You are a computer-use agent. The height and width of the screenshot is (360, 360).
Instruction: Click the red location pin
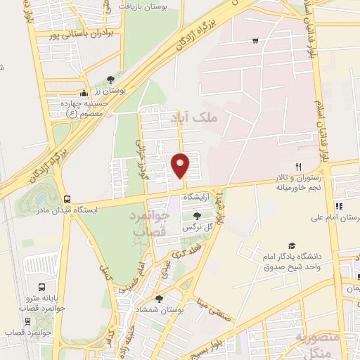pyautogui.click(x=181, y=165)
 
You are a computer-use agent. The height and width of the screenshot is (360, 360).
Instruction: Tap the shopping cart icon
pyautogui.click(x=255, y=40)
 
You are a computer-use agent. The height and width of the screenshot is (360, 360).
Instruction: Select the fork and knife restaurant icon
pyautogui.click(x=299, y=167)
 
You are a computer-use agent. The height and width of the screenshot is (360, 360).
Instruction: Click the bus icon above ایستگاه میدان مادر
pyautogui.click(x=67, y=199)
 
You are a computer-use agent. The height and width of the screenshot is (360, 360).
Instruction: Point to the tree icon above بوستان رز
pyautogui.click(x=108, y=80)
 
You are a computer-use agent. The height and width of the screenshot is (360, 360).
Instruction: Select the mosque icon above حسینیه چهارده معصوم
pyautogui.click(x=84, y=93)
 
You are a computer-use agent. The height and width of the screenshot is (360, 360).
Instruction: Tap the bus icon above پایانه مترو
pyautogui.click(x=41, y=288)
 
